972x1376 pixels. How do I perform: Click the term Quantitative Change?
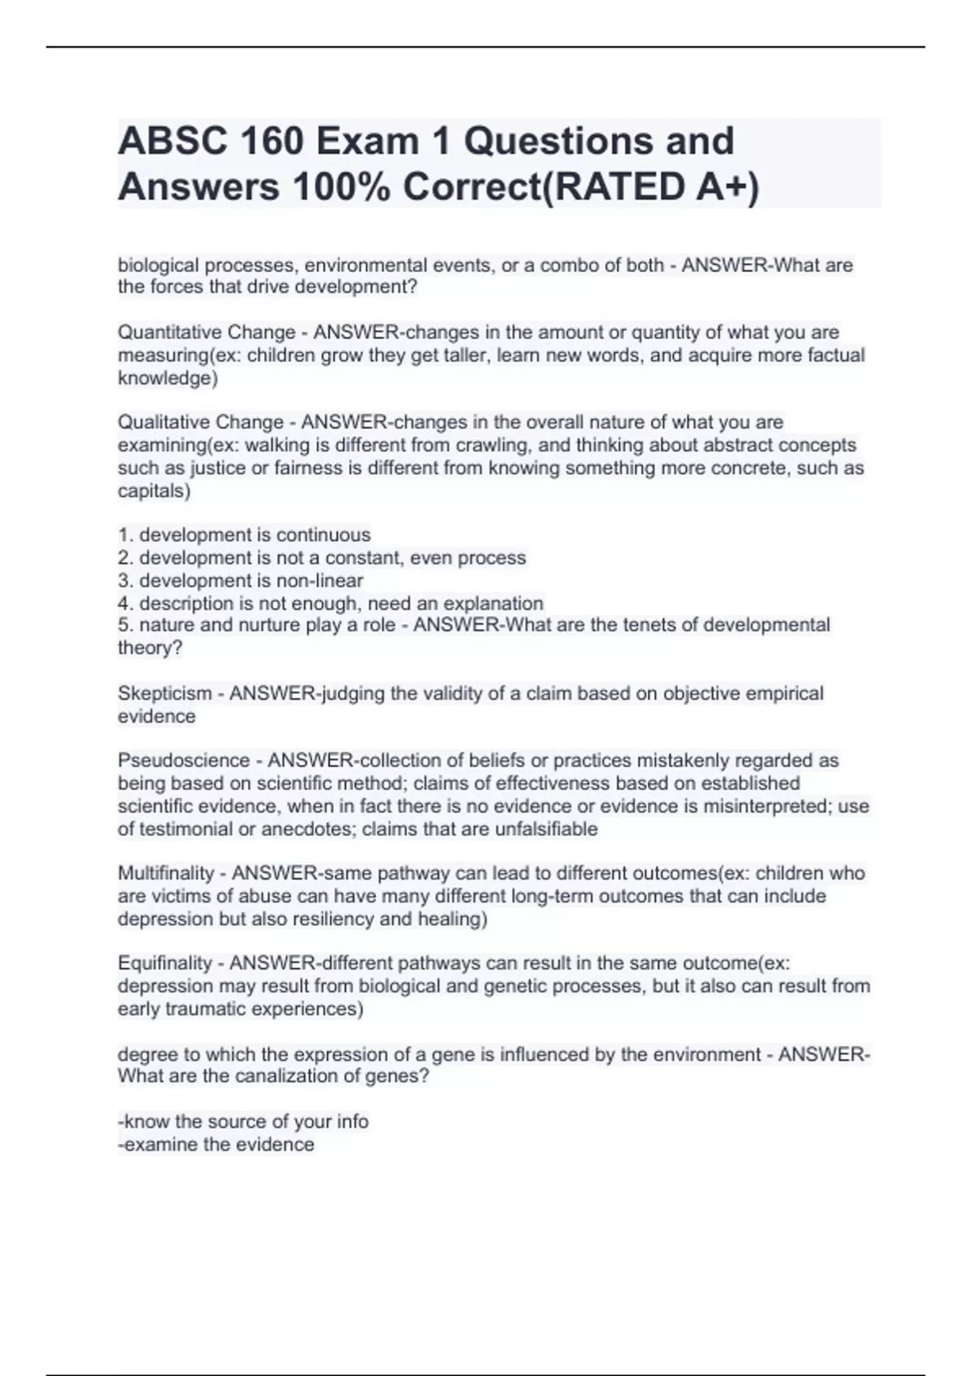(x=207, y=333)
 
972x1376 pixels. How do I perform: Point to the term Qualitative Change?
(x=201, y=423)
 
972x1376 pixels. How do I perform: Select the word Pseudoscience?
(x=184, y=761)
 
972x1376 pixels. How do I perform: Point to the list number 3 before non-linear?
(x=124, y=581)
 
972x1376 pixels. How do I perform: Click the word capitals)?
(x=154, y=491)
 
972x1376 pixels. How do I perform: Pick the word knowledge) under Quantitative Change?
(x=168, y=378)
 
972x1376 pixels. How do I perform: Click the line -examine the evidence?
(x=216, y=1145)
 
